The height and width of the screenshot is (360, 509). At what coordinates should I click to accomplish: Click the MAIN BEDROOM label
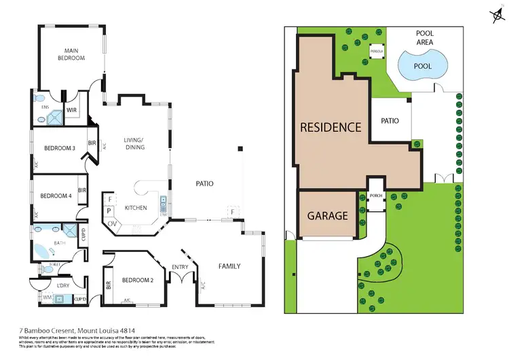coord(74,54)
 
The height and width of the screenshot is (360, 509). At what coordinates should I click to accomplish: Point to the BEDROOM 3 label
coord(59,148)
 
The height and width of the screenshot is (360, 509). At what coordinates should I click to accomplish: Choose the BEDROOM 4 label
coord(55,196)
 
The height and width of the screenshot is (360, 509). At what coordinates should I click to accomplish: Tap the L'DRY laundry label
coord(64,285)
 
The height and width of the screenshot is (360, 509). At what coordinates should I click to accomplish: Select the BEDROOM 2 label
coord(138,279)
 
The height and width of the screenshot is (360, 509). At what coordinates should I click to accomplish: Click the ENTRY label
coord(180,267)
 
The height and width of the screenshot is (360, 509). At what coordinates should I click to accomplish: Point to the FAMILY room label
coord(229,266)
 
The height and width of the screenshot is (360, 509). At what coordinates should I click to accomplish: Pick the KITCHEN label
coord(136,207)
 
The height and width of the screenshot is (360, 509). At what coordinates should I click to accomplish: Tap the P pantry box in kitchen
coord(109,211)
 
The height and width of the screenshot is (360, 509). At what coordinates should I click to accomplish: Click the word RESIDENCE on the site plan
coord(331,127)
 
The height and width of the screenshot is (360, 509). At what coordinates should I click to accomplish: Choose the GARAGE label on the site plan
coord(328,216)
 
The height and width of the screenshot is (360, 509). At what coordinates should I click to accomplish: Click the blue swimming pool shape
coord(421,66)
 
